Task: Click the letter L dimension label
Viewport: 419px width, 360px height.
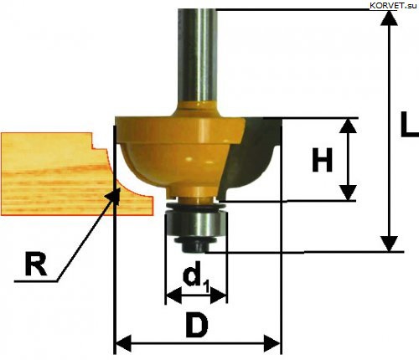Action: click(x=410, y=124)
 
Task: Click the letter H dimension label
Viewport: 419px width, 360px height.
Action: click(x=323, y=160)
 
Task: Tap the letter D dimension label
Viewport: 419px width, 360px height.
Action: click(x=197, y=325)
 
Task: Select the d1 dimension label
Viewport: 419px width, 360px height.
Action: click(x=196, y=278)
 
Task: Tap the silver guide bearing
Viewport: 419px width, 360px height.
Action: click(x=196, y=224)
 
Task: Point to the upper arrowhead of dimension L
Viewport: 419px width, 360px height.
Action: click(x=390, y=18)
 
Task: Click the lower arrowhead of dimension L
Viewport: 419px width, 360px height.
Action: click(x=390, y=244)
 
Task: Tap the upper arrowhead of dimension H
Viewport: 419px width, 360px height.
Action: click(x=349, y=126)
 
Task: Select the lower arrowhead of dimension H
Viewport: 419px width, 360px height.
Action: click(x=349, y=193)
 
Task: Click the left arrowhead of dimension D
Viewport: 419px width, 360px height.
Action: click(x=123, y=343)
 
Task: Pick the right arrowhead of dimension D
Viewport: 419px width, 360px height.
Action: click(x=272, y=343)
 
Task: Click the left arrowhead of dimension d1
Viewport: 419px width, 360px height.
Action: click(x=173, y=296)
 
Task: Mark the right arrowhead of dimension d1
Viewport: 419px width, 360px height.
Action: click(x=218, y=296)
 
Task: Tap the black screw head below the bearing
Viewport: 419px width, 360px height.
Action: click(x=195, y=244)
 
